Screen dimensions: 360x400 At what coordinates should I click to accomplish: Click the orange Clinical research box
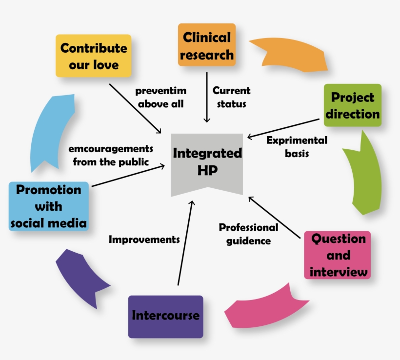[x=206, y=45]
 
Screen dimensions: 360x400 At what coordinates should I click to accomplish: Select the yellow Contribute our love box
[x=93, y=56]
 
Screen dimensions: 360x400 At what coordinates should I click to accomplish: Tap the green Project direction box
[x=352, y=105]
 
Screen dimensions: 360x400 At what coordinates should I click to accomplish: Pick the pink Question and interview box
[x=338, y=255]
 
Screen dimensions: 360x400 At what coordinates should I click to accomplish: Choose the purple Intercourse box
[x=165, y=316]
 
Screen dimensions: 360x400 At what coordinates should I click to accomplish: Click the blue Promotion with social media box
[x=48, y=206]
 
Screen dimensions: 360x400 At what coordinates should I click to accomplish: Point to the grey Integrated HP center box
[x=207, y=162]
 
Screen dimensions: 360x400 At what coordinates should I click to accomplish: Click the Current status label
[x=231, y=97]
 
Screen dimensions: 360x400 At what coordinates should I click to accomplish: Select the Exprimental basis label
[x=297, y=146]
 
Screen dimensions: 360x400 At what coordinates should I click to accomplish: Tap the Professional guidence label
[x=248, y=234]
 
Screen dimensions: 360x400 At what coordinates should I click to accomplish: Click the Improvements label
[x=144, y=240]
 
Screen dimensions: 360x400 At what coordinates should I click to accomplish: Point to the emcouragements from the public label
[x=111, y=155]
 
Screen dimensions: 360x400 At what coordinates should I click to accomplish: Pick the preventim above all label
[x=160, y=97]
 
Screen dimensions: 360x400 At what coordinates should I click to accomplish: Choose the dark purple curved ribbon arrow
[x=78, y=276]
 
